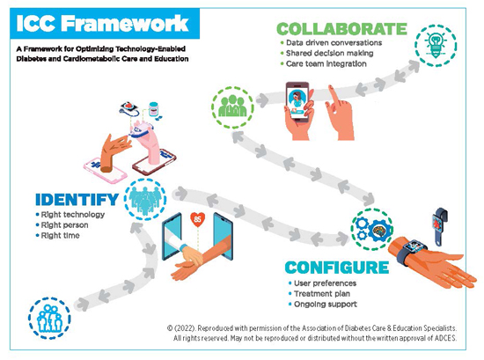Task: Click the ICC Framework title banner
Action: [105, 24]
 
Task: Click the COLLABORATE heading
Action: [341, 29]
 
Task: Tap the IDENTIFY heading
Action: [77, 200]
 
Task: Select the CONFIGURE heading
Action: [337, 268]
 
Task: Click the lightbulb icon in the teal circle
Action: [436, 46]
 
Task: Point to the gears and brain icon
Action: [372, 230]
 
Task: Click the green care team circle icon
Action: [232, 107]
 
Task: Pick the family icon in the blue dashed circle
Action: [49, 318]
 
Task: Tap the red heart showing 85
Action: [197, 219]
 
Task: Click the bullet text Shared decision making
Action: [329, 53]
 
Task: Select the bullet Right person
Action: [64, 224]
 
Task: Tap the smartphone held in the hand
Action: [297, 101]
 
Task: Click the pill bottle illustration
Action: [153, 109]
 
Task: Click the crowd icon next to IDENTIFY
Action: [145, 200]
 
